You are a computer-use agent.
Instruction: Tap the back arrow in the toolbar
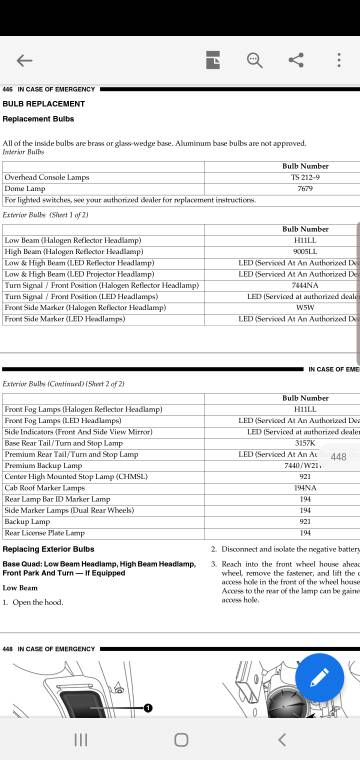[24, 61]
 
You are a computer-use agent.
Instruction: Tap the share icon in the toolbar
[296, 59]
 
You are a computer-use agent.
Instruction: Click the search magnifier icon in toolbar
[254, 59]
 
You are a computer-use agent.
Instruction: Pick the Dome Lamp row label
[25, 188]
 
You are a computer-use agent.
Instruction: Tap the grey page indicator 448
[338, 457]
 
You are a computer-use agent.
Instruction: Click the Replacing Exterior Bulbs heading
[49, 549]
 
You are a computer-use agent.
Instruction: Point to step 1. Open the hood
[38, 602]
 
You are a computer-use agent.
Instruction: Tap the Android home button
[180, 739]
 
